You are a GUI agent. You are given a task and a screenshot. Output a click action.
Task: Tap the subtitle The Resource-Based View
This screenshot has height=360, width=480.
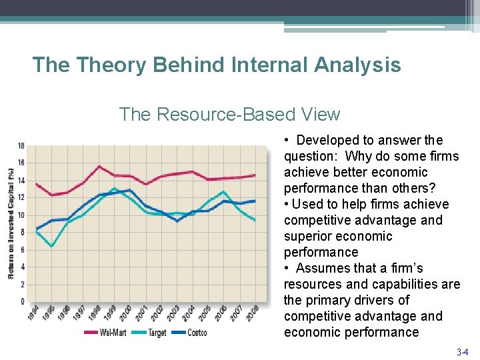point(229,115)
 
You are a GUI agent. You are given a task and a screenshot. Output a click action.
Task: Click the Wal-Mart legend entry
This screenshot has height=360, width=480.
point(113,333)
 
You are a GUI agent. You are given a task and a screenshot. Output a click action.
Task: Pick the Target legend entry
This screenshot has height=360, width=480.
point(155,333)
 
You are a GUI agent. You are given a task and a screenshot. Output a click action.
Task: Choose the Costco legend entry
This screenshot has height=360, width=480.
point(196,333)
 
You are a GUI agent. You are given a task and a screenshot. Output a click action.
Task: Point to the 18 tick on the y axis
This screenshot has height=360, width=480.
point(21,146)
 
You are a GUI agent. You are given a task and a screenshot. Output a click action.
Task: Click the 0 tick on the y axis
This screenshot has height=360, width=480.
point(23,302)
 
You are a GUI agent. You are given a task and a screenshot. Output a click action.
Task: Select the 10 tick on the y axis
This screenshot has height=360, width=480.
point(21,215)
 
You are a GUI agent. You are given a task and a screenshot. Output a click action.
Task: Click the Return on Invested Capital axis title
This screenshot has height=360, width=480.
point(11,224)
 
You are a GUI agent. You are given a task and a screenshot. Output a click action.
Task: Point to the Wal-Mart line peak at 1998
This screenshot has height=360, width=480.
point(99,166)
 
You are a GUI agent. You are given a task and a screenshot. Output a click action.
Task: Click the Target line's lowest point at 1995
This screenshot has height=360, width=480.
point(51,247)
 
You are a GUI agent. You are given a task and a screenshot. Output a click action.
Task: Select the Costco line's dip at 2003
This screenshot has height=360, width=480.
point(177,221)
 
